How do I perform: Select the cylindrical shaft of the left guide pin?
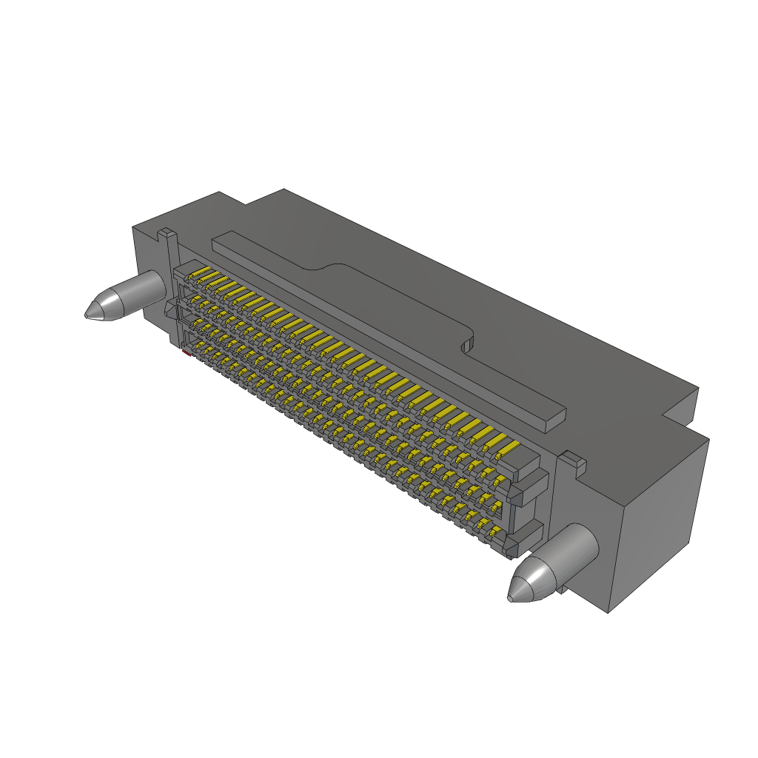(x=137, y=290)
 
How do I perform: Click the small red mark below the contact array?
(x=185, y=355)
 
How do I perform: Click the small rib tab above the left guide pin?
(x=167, y=236)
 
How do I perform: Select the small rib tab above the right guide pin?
(x=571, y=460)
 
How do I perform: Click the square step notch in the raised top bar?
(x=466, y=343)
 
